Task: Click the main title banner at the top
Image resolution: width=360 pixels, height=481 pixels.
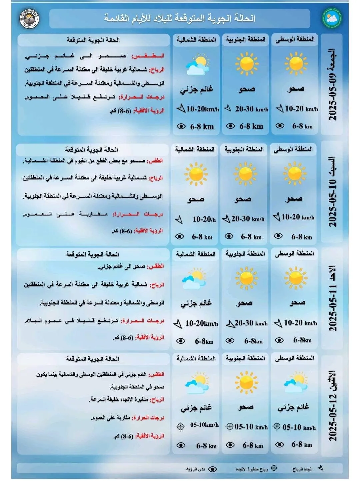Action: click(x=180, y=18)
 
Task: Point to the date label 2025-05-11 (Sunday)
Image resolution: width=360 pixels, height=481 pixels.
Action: click(x=332, y=298)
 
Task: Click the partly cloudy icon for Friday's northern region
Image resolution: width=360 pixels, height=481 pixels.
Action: click(x=197, y=65)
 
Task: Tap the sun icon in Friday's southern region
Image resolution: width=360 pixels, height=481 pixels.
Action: click(x=246, y=63)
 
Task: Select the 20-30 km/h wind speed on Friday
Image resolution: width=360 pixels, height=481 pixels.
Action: click(x=251, y=109)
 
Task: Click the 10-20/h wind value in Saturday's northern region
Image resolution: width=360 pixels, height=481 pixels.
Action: click(x=204, y=219)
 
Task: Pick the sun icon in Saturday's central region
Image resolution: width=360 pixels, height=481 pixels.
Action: click(x=295, y=173)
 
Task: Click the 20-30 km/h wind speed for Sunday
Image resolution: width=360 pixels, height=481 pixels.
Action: click(x=251, y=323)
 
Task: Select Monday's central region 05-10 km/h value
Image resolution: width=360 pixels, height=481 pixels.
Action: click(x=299, y=427)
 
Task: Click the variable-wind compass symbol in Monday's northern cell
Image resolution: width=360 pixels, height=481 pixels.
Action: click(x=180, y=426)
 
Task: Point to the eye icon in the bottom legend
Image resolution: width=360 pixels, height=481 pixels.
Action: click(x=212, y=469)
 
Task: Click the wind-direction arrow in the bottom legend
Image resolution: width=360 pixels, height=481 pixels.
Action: click(x=321, y=468)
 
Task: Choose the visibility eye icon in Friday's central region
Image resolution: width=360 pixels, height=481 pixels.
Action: click(x=280, y=126)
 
